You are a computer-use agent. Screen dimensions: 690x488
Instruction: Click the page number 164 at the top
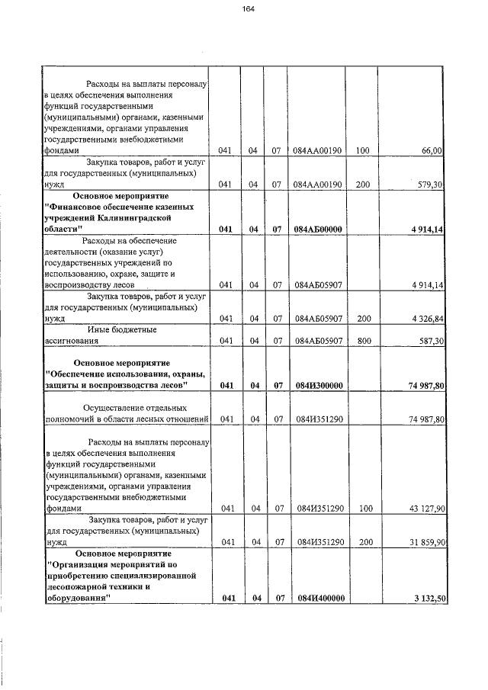coord(248,9)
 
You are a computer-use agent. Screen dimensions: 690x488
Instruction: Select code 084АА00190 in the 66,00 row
coord(319,151)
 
